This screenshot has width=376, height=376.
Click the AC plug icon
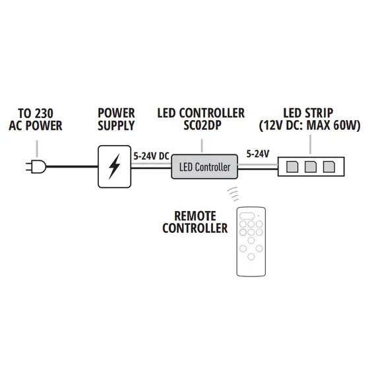[36, 166]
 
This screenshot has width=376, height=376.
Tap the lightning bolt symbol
[114, 166]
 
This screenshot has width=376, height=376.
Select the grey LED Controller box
[204, 167]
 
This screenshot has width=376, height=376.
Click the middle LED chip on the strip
[310, 167]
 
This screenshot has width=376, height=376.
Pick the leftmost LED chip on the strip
[292, 167]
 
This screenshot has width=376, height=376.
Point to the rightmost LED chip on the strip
[329, 167]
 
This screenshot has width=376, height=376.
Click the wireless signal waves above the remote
[233, 194]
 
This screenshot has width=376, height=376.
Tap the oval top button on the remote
[247, 216]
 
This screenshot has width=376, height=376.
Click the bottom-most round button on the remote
[251, 257]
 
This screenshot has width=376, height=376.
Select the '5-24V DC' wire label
[151, 156]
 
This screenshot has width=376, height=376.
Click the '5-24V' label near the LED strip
[258, 154]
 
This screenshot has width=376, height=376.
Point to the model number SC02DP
[202, 125]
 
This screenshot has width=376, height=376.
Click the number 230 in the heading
[44, 113]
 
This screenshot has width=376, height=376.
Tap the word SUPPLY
[116, 125]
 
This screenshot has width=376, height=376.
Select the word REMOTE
[195, 216]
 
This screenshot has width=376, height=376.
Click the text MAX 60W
[334, 125]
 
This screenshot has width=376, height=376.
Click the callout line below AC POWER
[37, 148]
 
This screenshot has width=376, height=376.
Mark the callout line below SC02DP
[202, 145]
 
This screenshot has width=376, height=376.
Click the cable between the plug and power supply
[72, 166]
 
